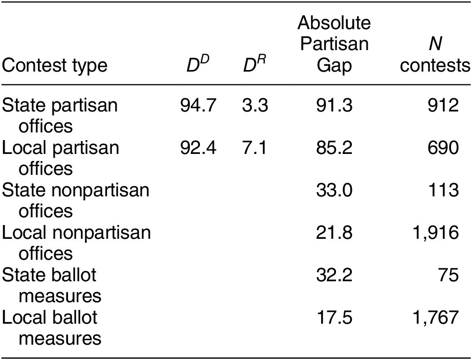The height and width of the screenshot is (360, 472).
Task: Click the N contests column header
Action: pyautogui.click(x=443, y=56)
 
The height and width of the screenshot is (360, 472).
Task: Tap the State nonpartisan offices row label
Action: pyautogui.click(x=77, y=199)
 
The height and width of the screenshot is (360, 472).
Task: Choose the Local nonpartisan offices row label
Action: pyautogui.click(x=77, y=241)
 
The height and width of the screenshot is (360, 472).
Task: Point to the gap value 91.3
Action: pyautogui.click(x=334, y=106)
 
